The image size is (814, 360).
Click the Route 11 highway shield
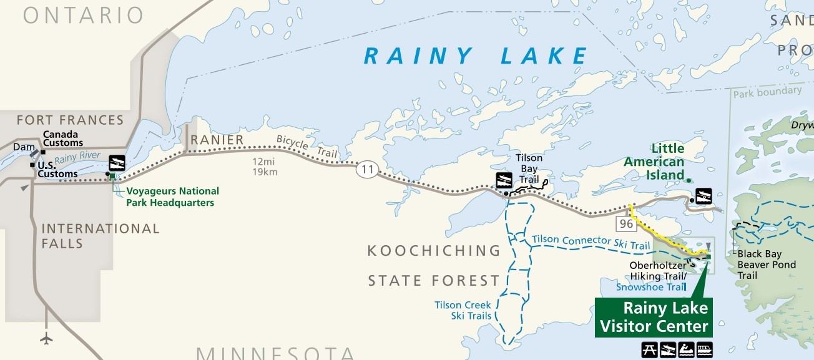[368, 169]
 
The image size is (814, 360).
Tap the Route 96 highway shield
[626, 223]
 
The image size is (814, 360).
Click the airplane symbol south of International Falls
[46, 338]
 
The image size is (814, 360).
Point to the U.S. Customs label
[57, 169]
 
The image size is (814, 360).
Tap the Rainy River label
[77, 159]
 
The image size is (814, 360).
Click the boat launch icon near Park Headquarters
[117, 163]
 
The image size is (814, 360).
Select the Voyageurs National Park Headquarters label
[172, 197]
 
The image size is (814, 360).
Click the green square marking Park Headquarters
[113, 177]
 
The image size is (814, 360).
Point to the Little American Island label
[655, 162]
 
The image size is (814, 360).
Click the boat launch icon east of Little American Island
[704, 195]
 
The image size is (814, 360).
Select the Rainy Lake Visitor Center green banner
[653, 317]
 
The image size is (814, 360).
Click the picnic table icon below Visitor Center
[649, 349]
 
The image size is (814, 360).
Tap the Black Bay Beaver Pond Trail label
[767, 265]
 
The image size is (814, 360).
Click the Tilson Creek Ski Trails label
[463, 310]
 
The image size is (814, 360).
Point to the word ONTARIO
[84, 16]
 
